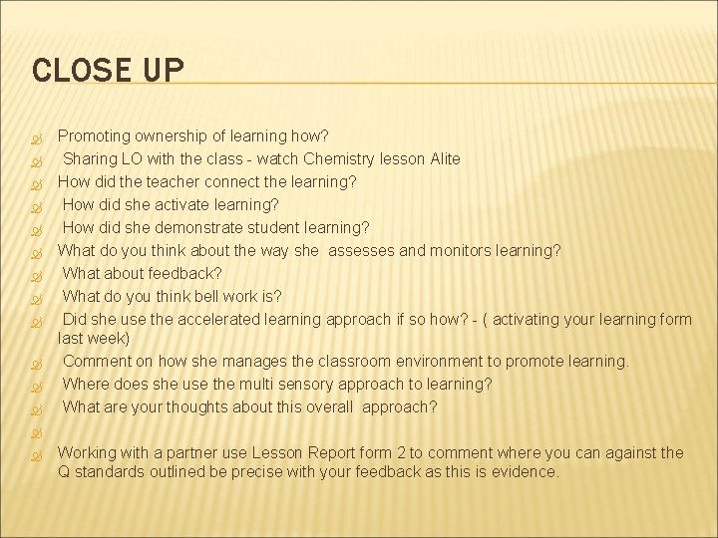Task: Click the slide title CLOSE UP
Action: point(108,70)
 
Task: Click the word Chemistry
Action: point(342,158)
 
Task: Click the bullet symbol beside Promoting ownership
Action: point(36,136)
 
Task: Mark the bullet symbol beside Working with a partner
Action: point(36,453)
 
